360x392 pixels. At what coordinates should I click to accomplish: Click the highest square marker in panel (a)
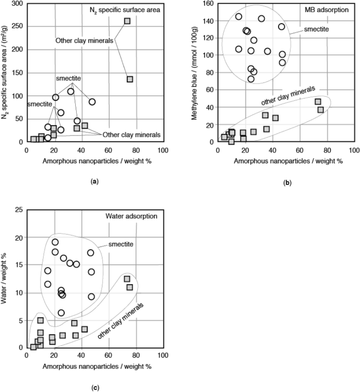coord(127,21)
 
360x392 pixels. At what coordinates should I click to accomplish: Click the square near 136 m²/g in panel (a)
coord(130,79)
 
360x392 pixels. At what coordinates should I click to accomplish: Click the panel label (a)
coord(95,181)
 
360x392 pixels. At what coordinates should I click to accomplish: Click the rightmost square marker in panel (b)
coord(321,110)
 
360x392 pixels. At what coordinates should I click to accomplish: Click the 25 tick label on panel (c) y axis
coord(18,210)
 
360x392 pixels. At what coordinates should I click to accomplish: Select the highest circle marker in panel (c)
coord(55,242)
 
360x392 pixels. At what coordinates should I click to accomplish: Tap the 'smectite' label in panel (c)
coord(121,245)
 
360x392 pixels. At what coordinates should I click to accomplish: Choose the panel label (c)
coord(95,388)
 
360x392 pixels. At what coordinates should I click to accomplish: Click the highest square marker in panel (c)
coord(127,279)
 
